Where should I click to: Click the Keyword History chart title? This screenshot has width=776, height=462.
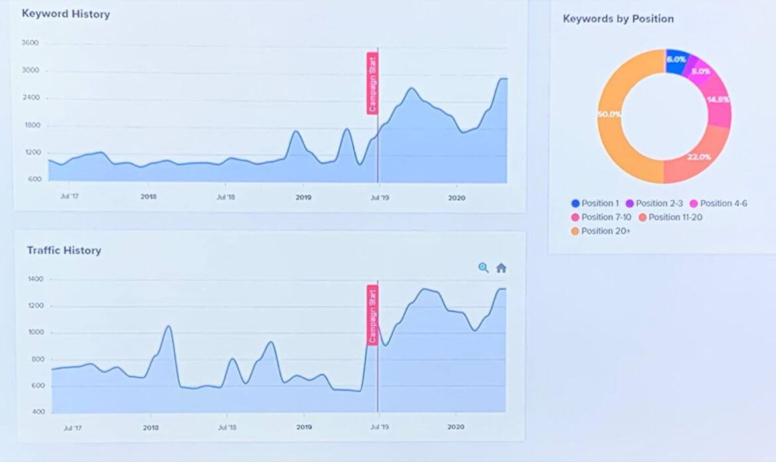(66, 14)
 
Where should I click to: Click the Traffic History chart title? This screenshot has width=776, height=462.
(64, 251)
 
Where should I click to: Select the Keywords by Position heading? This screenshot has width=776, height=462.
(618, 19)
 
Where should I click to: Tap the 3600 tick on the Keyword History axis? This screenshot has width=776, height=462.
(31, 44)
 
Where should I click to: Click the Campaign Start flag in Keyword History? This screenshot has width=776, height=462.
(372, 84)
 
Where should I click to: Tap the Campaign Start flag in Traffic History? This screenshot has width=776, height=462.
(372, 316)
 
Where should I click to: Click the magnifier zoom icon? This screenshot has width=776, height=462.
(484, 268)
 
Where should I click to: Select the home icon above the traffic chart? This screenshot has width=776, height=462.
(501, 268)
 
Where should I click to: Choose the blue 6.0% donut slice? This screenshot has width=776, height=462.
(677, 61)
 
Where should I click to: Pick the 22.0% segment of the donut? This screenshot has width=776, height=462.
(696, 156)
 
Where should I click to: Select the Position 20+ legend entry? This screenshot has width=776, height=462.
(600, 231)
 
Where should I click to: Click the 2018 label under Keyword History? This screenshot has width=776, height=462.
(149, 197)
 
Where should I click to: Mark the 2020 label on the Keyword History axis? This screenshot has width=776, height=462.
(456, 197)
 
